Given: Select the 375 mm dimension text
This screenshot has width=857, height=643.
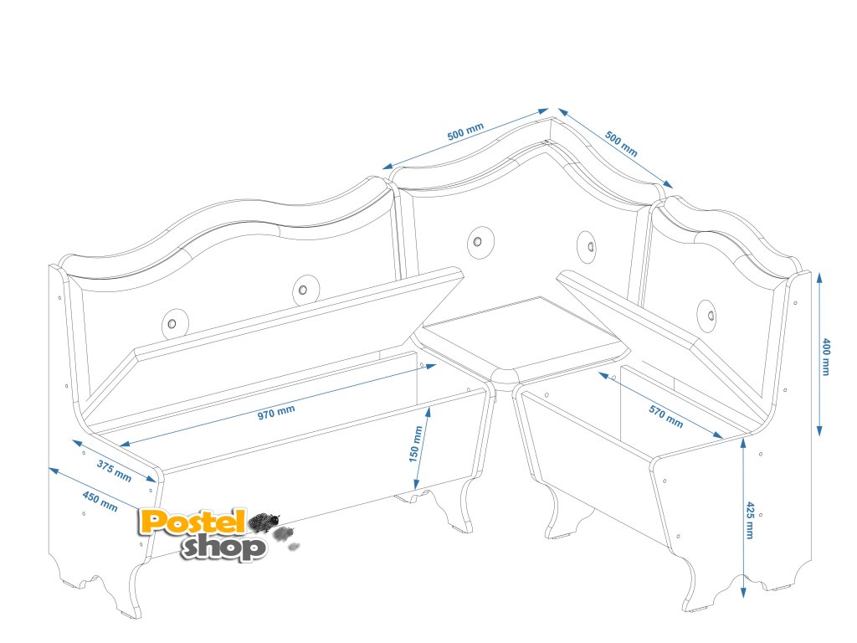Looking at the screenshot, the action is coord(114,471).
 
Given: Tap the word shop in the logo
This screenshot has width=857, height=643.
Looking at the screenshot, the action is coord(224,547).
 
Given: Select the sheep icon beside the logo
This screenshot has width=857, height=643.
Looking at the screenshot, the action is coord(266,522).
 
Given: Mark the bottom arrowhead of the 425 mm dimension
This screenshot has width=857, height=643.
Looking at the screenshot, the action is coord(743,596).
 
